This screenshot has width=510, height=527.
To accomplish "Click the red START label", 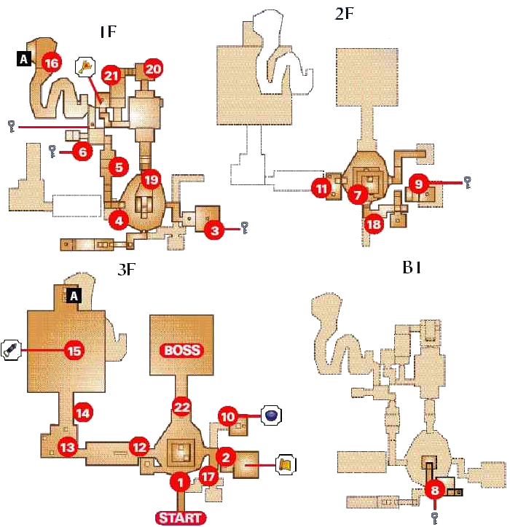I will (180, 518).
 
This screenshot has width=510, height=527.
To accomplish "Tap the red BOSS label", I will (181, 350).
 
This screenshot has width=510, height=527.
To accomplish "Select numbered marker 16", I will (51, 63).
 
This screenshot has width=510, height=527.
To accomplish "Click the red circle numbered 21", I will (111, 74).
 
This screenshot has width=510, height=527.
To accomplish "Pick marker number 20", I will (153, 69).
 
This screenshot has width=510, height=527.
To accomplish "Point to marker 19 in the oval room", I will (150, 179).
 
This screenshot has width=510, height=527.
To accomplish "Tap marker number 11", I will (321, 188).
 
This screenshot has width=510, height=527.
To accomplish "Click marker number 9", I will (418, 185).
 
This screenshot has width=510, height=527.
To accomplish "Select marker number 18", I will (374, 224).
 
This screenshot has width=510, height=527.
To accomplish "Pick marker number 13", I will (68, 447).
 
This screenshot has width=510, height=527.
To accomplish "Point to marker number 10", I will (229, 417).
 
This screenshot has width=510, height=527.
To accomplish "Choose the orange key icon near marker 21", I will (87, 67).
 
